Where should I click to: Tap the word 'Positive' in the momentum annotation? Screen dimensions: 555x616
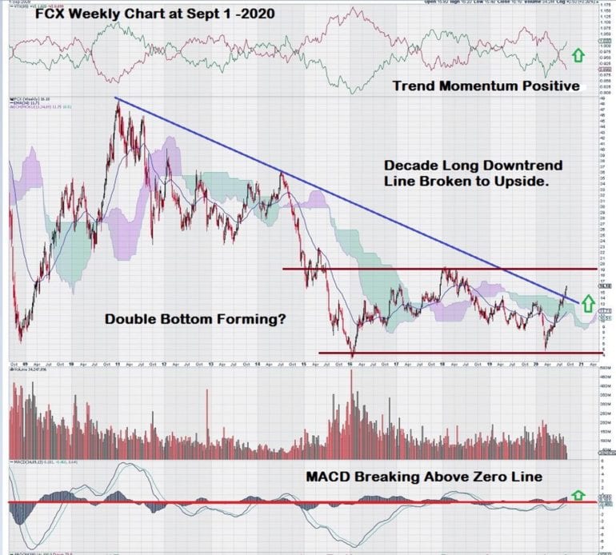[546, 86]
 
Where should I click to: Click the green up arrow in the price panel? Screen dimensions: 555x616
[587, 303]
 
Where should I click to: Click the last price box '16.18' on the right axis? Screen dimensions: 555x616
[606, 285]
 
